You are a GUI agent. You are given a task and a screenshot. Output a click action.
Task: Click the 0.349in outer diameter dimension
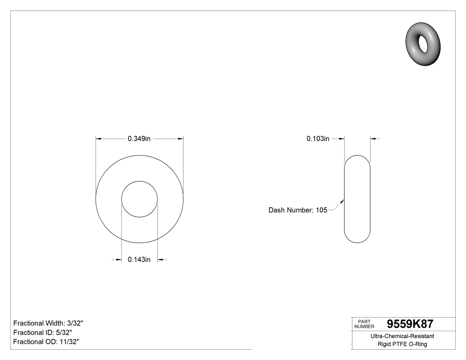(139, 138)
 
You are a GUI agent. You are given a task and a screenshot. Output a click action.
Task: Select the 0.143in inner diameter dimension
(139, 260)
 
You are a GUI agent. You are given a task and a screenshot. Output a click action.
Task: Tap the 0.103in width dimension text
(318, 138)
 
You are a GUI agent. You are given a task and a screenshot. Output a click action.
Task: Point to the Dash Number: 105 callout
(297, 210)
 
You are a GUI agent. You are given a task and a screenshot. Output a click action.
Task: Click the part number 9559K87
(410, 324)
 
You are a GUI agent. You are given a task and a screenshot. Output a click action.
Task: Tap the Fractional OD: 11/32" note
(46, 342)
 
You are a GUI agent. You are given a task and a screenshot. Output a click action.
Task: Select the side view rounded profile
(357, 199)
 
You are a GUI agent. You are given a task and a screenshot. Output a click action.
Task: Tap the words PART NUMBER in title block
(364, 324)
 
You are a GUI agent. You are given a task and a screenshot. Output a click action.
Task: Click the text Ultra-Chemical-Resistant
(402, 336)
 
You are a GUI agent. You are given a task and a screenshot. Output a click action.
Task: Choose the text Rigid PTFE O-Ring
(402, 344)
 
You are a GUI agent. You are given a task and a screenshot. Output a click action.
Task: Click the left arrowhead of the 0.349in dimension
(99, 139)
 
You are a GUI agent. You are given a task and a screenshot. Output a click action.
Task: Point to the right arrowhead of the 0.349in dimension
(181, 139)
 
